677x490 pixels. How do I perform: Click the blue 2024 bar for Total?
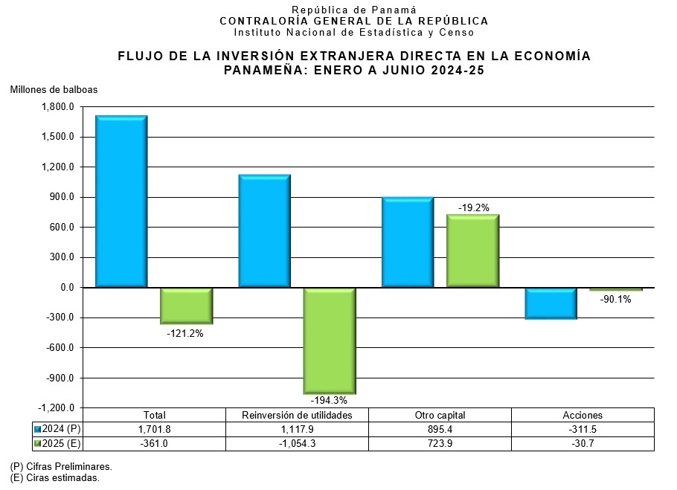pyautogui.click(x=121, y=201)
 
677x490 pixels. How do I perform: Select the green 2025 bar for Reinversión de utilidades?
pyautogui.click(x=329, y=341)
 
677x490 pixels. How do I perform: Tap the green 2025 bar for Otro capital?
pyautogui.click(x=472, y=251)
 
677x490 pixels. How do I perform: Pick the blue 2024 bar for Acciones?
pyautogui.click(x=551, y=303)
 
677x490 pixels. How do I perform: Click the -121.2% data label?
pyautogui.click(x=185, y=334)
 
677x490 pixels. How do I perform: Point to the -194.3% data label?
pyautogui.click(x=328, y=401)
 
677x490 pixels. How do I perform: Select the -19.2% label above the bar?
pyautogui.click(x=473, y=208)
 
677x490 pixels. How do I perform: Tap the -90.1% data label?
pyautogui.click(x=615, y=300)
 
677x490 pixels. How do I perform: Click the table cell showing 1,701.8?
pyautogui.click(x=155, y=429)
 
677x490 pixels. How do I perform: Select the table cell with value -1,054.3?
pyautogui.click(x=298, y=443)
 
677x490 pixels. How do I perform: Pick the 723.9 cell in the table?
pyautogui.click(x=440, y=443)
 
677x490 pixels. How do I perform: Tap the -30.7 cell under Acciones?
pyautogui.click(x=583, y=443)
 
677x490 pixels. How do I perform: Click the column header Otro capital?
pyautogui.click(x=440, y=415)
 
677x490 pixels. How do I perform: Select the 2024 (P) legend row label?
pyautogui.click(x=62, y=429)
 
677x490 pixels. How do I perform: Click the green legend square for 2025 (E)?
pyautogui.click(x=38, y=443)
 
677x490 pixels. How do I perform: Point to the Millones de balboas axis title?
pyautogui.click(x=54, y=90)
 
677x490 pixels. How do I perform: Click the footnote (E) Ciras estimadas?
pyautogui.click(x=55, y=478)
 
